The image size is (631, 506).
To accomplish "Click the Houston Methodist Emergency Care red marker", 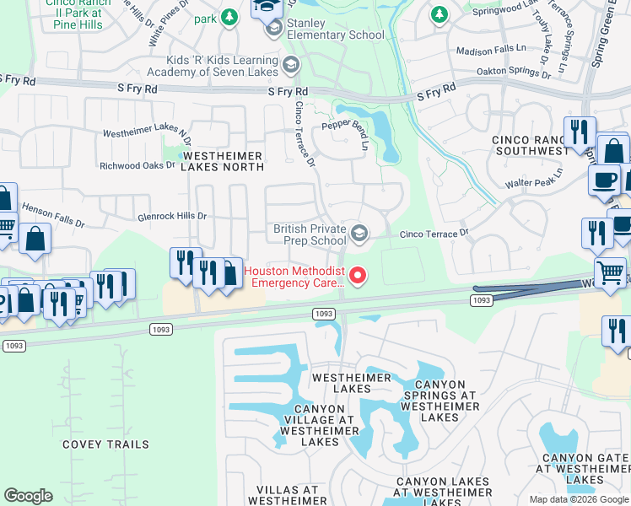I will pyautogui.click(x=359, y=276).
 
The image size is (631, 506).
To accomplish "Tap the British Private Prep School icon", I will pyautogui.click(x=360, y=234).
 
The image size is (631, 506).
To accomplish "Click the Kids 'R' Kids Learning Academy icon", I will pyautogui.click(x=290, y=66).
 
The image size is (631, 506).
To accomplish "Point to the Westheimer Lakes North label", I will pyautogui.click(x=223, y=161).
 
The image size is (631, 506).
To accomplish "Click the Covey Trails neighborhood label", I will pyautogui.click(x=106, y=444).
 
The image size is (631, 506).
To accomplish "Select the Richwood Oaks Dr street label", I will pyautogui.click(x=137, y=165).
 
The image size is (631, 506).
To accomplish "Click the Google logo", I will pyautogui.click(x=29, y=496).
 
